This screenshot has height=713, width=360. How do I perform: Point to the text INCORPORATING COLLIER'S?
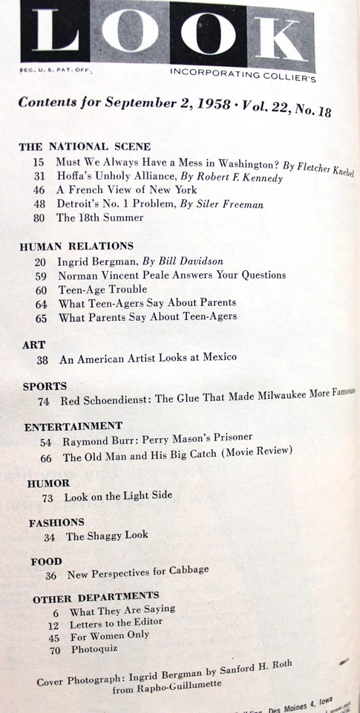click(x=243, y=74)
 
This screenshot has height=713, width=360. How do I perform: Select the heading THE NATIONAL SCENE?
click(x=85, y=146)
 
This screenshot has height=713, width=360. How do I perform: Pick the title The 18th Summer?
click(x=100, y=218)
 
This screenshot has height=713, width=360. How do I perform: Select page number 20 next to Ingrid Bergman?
click(x=41, y=261)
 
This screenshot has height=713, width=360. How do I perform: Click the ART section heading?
click(x=34, y=345)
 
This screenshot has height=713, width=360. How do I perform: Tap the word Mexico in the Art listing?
click(x=217, y=357)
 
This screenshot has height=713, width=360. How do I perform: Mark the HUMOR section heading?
click(x=48, y=483)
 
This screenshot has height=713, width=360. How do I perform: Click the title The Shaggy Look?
click(x=107, y=535)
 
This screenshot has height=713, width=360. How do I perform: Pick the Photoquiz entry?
click(x=94, y=649)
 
